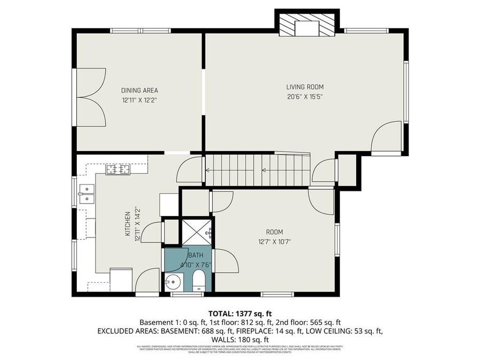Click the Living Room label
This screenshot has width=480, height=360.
[x=305, y=87]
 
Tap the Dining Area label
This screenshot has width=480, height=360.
[x=139, y=90]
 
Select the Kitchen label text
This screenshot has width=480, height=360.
[x=128, y=224]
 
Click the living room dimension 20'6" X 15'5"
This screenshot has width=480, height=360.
[x=305, y=97]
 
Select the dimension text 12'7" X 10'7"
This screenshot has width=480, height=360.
[x=274, y=242]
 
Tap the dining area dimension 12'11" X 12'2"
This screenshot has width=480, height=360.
[x=139, y=100]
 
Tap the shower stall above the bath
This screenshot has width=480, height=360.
[x=197, y=230]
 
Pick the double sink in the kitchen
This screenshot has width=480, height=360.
[x=86, y=194]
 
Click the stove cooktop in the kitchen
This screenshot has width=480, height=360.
[x=118, y=170]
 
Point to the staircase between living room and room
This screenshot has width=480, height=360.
[x=257, y=170]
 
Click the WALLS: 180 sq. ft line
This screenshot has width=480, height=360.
[x=240, y=339]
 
